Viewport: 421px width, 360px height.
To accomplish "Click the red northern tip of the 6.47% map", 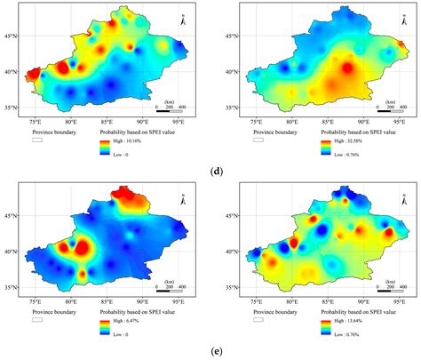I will (138, 195).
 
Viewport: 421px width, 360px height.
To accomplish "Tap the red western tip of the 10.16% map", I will (33, 74).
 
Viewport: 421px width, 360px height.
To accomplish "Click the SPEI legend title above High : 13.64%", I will (360, 314).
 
